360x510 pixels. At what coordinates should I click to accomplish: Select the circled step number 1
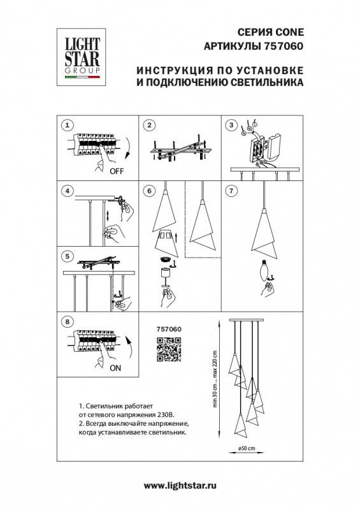point(69,125)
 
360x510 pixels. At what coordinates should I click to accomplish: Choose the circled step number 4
point(69,191)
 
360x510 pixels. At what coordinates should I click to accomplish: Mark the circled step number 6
point(150,191)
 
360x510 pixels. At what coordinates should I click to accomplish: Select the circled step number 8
point(69,321)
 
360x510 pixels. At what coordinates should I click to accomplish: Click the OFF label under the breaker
point(117,171)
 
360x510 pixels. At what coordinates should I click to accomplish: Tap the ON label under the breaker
point(117,368)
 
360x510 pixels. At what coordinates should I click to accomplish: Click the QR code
point(169,349)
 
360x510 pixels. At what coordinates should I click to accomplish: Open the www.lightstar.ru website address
point(180,486)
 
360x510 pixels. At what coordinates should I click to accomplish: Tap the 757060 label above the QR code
point(169,329)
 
